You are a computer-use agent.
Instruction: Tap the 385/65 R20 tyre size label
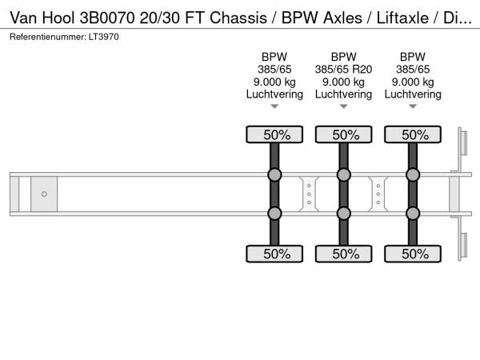point(343,70)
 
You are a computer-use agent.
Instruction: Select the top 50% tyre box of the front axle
point(274,135)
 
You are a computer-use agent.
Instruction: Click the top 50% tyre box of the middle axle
point(343,135)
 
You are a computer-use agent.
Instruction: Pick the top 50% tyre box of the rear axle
point(413,135)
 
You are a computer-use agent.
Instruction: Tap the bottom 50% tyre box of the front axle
point(274,254)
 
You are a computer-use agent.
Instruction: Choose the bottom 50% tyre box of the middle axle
point(343,254)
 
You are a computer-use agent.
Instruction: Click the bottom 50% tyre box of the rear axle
point(413,254)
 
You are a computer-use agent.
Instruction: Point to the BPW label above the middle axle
point(343,57)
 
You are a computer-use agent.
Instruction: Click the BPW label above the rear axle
point(413,57)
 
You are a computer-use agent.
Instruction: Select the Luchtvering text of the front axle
point(274,94)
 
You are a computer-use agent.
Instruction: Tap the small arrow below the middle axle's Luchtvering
point(343,106)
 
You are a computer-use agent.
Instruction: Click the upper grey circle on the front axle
point(274,175)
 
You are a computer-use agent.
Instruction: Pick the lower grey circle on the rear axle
point(413,213)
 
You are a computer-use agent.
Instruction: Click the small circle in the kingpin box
point(44,194)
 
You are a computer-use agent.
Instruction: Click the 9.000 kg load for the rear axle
point(413,82)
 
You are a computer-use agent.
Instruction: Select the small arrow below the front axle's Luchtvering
point(274,106)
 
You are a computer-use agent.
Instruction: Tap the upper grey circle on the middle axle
point(343,175)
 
